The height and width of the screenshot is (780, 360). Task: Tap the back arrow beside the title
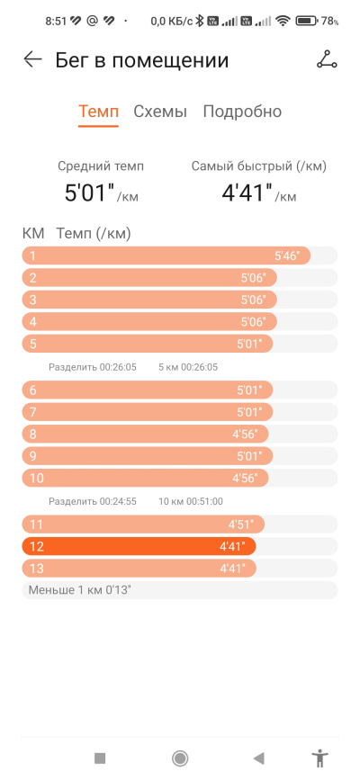(33, 59)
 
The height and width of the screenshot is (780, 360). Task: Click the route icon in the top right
(327, 59)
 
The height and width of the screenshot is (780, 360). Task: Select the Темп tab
(99, 112)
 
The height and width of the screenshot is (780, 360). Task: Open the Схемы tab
(160, 112)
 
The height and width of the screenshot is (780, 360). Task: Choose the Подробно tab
(242, 112)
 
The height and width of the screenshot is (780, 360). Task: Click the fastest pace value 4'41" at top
(247, 193)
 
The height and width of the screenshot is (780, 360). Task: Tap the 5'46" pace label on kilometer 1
(287, 256)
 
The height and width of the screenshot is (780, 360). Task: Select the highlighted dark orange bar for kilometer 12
(139, 546)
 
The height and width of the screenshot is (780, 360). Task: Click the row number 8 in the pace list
(33, 435)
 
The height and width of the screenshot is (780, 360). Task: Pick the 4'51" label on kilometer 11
(241, 524)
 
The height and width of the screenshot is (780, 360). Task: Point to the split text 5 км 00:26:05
(188, 367)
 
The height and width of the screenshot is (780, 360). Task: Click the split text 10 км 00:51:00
(191, 501)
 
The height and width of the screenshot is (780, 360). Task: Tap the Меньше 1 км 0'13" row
(180, 590)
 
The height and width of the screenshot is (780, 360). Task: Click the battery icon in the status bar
(307, 21)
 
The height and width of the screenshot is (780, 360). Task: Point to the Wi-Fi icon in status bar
(283, 21)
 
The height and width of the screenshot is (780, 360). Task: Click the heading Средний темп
(101, 166)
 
